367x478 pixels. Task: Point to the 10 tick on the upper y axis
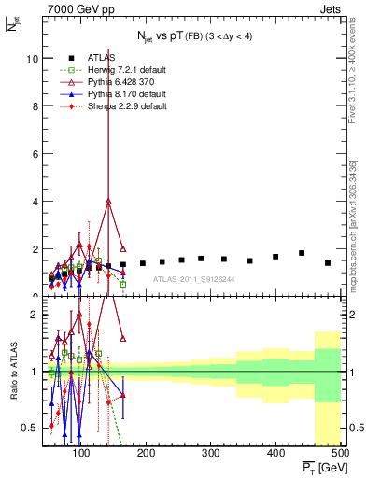tap(30, 59)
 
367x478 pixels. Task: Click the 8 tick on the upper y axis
tap(33, 106)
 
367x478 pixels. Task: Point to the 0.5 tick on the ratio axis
tap(28, 428)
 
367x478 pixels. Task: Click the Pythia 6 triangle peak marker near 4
tap(109, 202)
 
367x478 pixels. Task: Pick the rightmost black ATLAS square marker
tap(328, 263)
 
